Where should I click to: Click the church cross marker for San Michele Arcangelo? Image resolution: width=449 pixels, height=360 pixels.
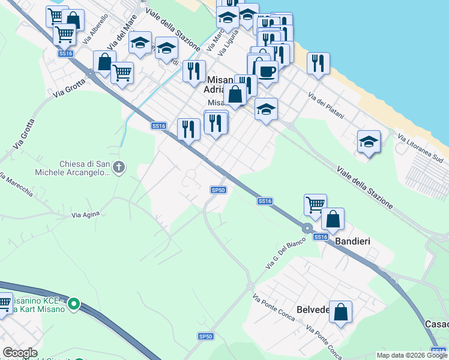(119, 166)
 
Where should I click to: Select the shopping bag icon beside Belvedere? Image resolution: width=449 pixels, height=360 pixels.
(340, 313)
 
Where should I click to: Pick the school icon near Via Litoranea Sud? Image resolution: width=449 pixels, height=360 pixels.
(369, 143)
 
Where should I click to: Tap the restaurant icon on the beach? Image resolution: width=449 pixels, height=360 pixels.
(318, 64)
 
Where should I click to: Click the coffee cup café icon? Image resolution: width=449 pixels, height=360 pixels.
(267, 72)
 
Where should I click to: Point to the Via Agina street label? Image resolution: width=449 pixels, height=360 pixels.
(85, 214)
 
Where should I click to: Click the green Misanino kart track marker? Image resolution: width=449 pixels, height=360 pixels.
(74, 304)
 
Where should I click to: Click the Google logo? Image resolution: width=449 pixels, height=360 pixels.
(20, 353)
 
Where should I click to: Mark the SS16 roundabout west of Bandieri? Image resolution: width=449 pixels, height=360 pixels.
(307, 229)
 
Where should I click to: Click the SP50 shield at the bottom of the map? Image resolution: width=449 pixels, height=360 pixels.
(205, 337)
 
